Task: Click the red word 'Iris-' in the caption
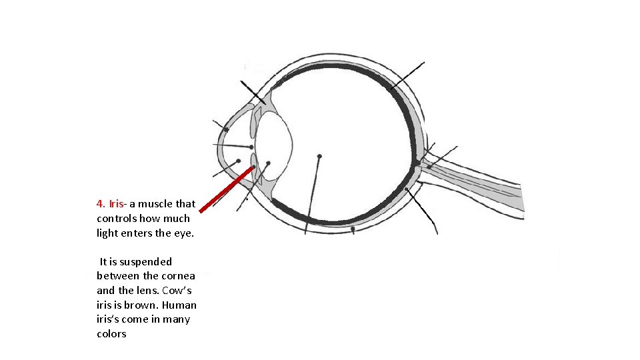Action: (118, 204)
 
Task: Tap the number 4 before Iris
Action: (99, 204)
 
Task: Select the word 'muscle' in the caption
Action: (160, 204)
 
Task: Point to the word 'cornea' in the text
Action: (179, 276)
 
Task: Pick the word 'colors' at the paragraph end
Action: (111, 334)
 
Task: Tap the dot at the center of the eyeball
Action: (319, 156)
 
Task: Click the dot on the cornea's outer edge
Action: (226, 129)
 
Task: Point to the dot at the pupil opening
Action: (251, 147)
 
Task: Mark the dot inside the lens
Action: (268, 163)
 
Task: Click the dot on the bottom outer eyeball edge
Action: (353, 229)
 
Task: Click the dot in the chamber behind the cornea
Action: (238, 161)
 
